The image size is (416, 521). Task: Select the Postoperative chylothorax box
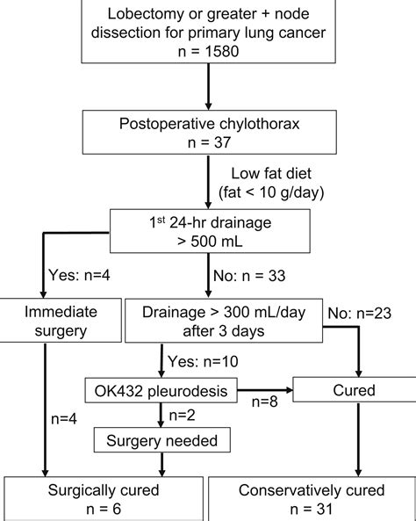tap(209, 131)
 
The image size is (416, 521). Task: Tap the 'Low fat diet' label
tap(278, 174)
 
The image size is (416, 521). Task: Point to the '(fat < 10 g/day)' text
tap(278, 192)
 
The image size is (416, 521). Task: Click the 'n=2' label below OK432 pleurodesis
tap(183, 412)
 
